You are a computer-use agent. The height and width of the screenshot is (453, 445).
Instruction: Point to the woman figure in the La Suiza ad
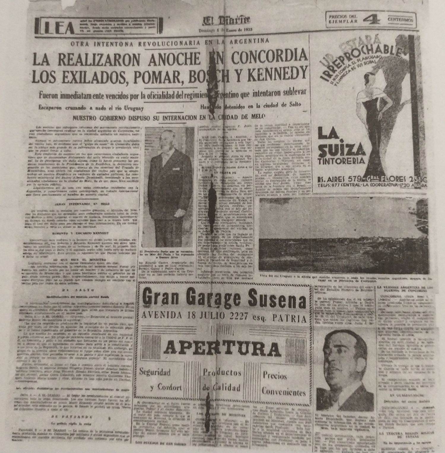click(375, 113)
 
